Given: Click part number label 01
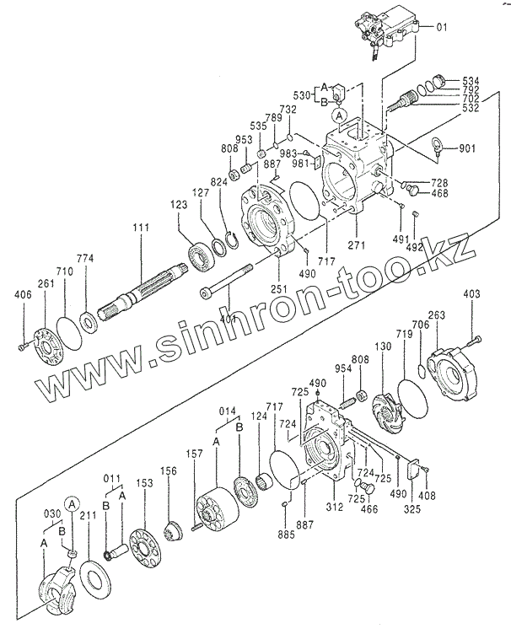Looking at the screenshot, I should tap(441, 28).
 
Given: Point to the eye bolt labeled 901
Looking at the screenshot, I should tap(438, 145).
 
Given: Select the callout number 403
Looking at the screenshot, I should tap(472, 293).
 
